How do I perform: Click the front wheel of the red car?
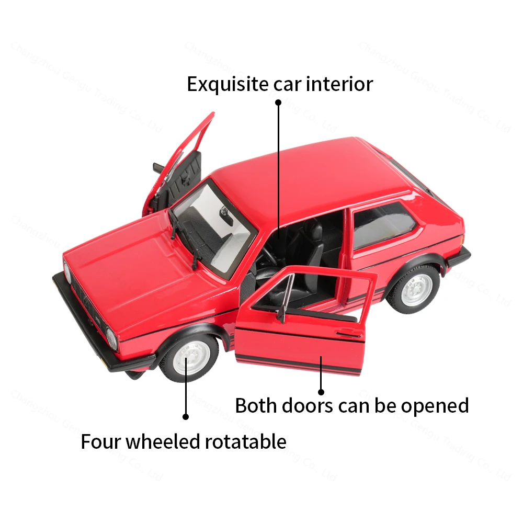pos(191,357)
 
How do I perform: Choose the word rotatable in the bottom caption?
pos(245,441)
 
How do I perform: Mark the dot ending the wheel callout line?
pos(185,417)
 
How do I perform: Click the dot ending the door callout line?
pos(321,391)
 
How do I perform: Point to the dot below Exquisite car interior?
pos(278,103)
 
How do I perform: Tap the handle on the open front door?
pos(349,333)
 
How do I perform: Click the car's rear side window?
pos(383,224)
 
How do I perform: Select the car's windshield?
pos(216,225)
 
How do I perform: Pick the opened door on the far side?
pos(183,162)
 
